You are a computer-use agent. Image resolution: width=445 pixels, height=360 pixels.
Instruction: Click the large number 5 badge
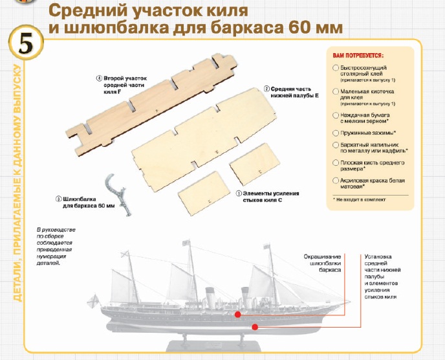tap(26, 43)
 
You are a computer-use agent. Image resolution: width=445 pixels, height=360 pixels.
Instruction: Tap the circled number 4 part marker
tap(99, 78)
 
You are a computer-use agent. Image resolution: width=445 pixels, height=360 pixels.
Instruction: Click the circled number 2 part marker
tap(266, 89)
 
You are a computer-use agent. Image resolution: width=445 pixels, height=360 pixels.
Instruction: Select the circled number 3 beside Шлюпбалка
tap(58, 199)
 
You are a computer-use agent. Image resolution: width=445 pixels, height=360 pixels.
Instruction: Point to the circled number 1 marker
tap(239, 194)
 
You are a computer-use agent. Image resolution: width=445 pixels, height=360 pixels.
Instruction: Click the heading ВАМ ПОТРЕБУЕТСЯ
tap(358, 56)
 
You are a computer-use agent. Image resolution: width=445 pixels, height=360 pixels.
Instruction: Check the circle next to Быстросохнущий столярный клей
tap(336, 68)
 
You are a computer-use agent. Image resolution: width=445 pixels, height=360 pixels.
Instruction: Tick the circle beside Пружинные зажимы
tap(336, 133)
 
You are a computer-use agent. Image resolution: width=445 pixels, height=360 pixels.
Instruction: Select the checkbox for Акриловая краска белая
tap(336, 181)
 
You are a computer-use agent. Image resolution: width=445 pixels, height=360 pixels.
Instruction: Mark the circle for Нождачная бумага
tap(336, 115)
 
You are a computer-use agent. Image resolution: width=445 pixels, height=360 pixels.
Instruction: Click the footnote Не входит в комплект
tap(359, 199)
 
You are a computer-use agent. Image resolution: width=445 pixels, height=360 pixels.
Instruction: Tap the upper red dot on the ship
tap(238, 315)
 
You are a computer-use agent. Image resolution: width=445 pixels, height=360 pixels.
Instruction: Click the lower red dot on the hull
tap(255, 327)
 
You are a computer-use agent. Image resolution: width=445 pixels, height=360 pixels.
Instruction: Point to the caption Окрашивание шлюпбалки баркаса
tap(322, 263)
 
